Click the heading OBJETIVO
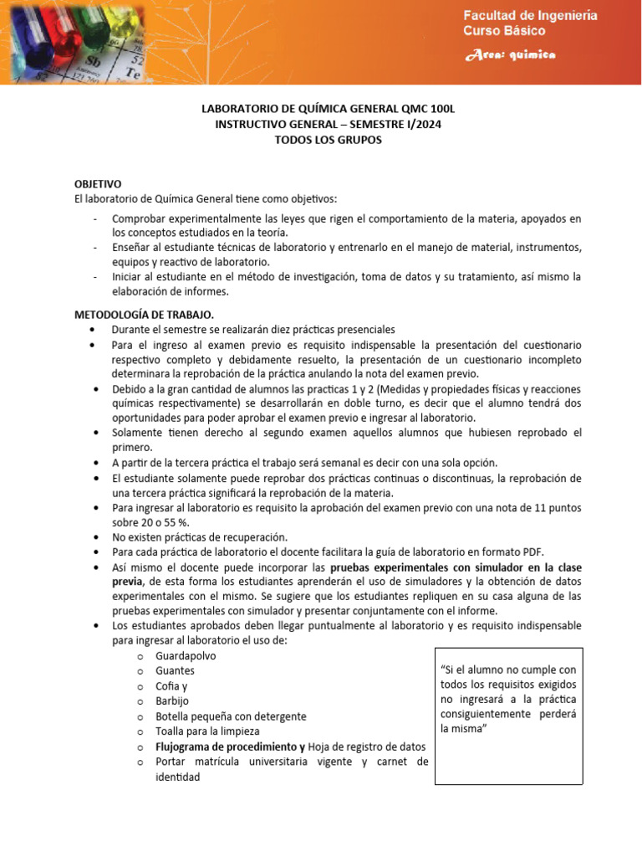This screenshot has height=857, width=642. click(x=98, y=183)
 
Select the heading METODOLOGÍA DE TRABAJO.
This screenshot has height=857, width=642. click(x=144, y=315)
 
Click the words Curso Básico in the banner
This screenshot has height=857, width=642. click(x=504, y=31)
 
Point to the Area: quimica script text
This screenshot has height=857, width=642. click(x=510, y=55)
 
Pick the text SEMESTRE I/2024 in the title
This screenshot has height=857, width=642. click(x=393, y=125)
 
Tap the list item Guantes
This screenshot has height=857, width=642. click(x=175, y=670)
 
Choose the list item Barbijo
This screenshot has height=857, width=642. click(x=173, y=701)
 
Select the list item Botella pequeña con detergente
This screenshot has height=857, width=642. click(x=231, y=716)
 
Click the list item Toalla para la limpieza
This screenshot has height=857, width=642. click(x=213, y=731)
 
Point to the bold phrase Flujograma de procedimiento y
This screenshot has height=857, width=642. click(x=230, y=747)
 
